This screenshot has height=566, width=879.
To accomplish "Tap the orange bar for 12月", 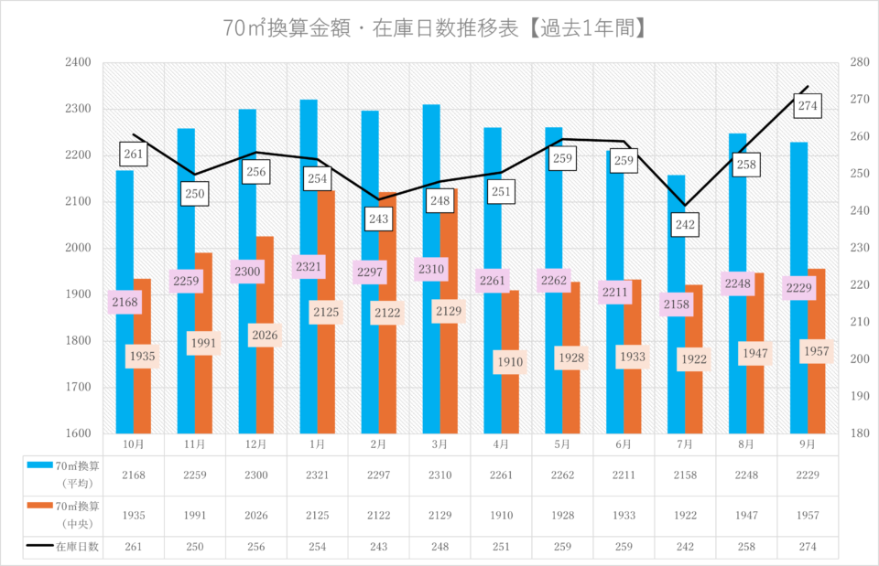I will tap(265, 384).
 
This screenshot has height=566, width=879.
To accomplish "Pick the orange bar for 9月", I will tap(817, 393).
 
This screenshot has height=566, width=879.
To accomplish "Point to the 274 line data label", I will tap(808, 106).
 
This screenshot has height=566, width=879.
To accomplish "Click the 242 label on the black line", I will tap(685, 224).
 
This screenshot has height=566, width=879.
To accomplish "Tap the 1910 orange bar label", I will tap(510, 362).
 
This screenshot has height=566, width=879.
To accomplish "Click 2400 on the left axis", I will tap(78, 63).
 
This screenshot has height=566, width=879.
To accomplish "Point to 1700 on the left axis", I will tap(78, 387).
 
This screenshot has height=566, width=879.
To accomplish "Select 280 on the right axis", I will tap(859, 63).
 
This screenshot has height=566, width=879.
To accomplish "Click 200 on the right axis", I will tap(859, 358).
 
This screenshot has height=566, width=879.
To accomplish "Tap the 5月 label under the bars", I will tap(562, 443).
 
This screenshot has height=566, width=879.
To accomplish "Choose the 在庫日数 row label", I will tap(77, 547).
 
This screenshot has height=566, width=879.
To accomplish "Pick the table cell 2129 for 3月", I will tap(439, 515).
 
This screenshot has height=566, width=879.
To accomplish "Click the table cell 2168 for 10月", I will tap(133, 474).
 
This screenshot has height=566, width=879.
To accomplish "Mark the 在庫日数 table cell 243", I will tap(378, 547).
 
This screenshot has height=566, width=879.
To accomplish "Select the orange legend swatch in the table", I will tap(38, 506).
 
